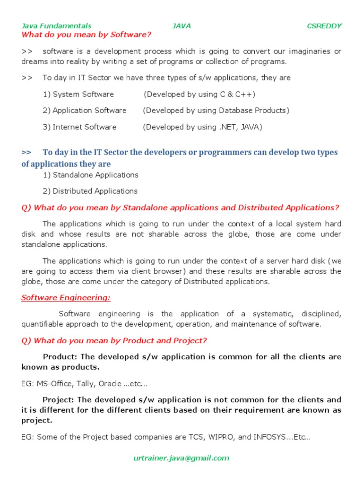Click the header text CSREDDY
tap(324, 26)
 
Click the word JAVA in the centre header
tap(181, 26)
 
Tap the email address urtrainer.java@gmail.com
tap(181, 458)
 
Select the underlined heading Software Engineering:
tap(66, 297)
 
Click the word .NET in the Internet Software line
tap(228, 127)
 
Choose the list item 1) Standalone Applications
tap(91, 175)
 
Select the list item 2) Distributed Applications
tap(90, 191)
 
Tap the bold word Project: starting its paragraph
tap(59, 399)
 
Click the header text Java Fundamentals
tap(56, 26)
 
